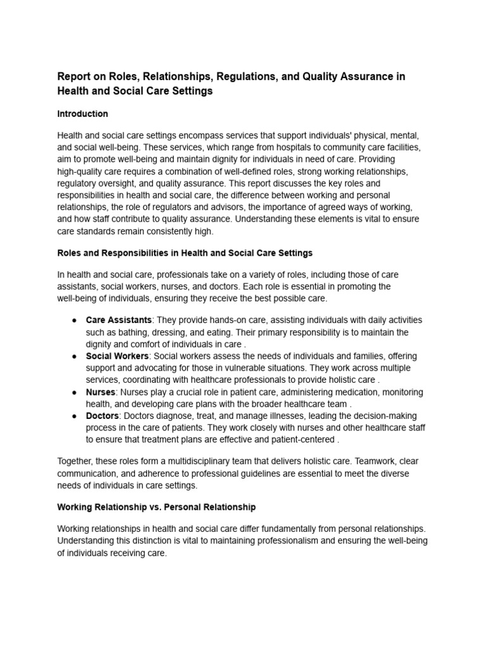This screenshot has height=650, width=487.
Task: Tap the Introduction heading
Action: point(82,114)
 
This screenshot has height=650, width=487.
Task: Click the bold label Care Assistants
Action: point(119,320)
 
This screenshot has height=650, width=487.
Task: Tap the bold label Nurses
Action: point(101,392)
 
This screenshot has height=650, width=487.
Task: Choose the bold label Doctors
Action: point(102,416)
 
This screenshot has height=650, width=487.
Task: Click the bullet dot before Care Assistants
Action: point(75,320)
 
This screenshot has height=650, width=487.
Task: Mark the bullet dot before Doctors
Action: point(75,416)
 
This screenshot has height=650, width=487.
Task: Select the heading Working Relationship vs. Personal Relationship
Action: point(156,508)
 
